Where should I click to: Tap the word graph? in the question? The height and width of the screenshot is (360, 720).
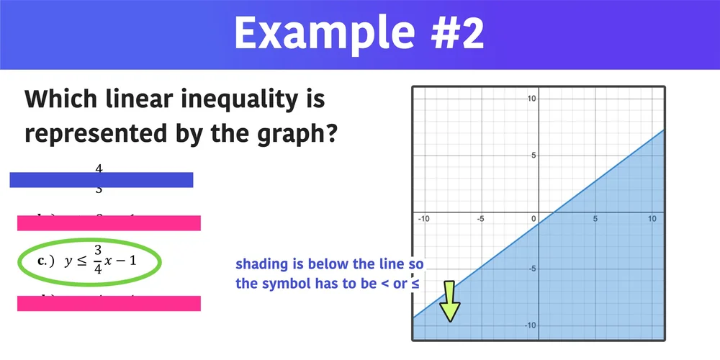coord(298,133)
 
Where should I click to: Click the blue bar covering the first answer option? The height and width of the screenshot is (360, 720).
coord(102,180)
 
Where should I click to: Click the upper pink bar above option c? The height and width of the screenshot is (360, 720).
coord(108,223)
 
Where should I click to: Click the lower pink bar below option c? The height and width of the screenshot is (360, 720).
coord(108,304)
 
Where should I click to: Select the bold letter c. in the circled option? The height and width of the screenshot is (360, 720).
coord(45,261)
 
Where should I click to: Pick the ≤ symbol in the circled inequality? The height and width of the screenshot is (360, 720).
coord(79,261)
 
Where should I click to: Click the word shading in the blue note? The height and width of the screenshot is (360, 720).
coord(258,264)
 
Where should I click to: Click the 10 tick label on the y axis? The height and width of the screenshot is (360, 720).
coord(530,98)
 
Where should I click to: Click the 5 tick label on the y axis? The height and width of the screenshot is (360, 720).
coord(532,155)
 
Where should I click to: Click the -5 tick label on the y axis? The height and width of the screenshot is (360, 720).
coord(531,269)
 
